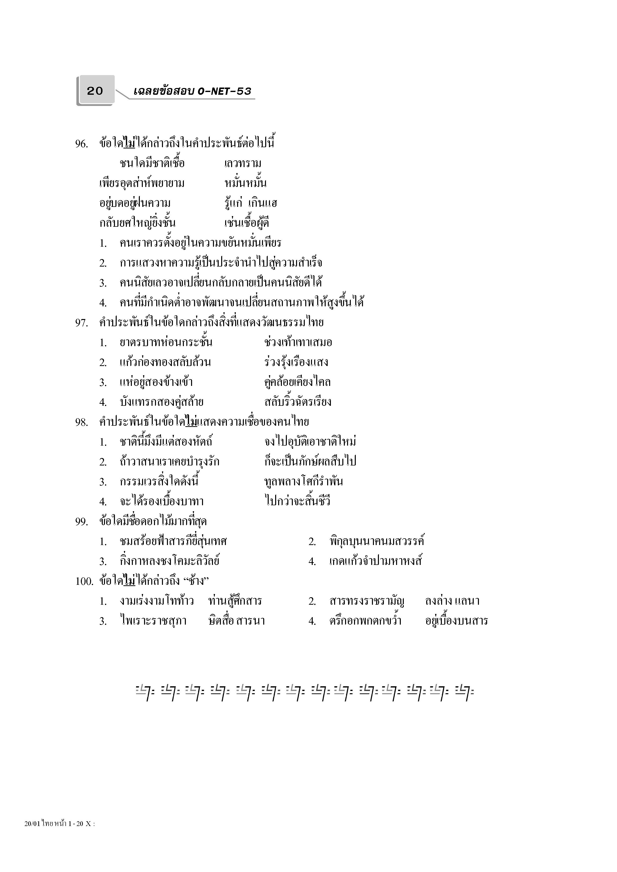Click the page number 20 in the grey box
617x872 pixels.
95,91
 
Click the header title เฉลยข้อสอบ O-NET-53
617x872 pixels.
192,91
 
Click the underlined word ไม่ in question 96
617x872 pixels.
129,143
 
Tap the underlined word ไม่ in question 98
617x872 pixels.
192,421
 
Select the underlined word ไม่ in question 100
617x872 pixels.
129,581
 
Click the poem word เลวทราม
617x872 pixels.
243,164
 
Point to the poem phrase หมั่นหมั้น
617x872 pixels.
246,183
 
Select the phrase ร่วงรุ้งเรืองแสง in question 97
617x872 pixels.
296,362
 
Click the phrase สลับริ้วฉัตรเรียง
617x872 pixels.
298,402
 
